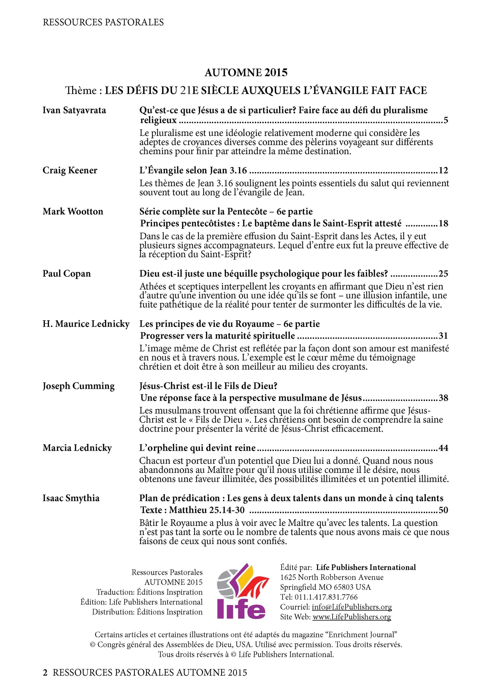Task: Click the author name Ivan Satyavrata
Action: [x=74, y=110]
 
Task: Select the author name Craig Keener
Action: [x=70, y=170]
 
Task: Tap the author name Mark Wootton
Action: [x=73, y=212]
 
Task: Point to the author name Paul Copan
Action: [x=67, y=274]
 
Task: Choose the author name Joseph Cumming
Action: [x=79, y=386]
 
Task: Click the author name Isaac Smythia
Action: [x=71, y=498]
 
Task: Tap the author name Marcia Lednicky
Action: [x=77, y=448]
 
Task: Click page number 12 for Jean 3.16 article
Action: [x=443, y=170]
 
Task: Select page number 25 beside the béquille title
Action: [x=443, y=274]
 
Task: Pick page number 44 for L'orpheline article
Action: [x=443, y=448]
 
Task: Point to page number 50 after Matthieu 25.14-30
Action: [x=443, y=510]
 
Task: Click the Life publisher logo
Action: [x=242, y=591]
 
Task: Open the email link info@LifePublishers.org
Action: [x=352, y=607]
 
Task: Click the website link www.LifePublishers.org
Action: [x=352, y=617]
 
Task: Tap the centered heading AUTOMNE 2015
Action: [x=246, y=73]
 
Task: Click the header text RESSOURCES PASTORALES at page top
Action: [x=103, y=22]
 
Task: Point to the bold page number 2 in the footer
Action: [x=45, y=673]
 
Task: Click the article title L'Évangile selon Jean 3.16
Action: [x=193, y=170]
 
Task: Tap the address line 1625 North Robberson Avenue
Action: [x=332, y=577]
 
